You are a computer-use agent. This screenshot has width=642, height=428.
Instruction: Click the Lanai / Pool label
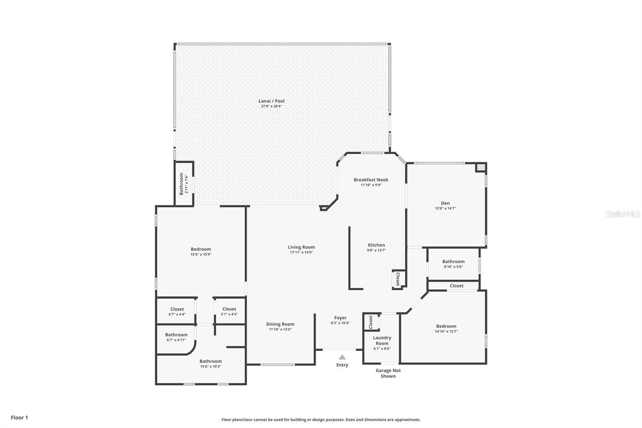[x=272, y=101]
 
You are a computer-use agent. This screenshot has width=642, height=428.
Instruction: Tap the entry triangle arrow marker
[x=342, y=357]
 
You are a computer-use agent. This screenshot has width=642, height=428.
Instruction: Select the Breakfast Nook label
[x=371, y=180]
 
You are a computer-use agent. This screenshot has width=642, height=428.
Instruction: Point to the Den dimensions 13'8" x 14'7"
[x=445, y=208]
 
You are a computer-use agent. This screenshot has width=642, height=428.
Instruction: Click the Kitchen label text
[x=376, y=245]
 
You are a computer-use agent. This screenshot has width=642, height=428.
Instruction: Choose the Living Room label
[x=301, y=247]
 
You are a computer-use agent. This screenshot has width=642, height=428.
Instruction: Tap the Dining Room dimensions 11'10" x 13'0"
[x=280, y=329]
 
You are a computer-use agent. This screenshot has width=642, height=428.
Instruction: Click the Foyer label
[x=340, y=318]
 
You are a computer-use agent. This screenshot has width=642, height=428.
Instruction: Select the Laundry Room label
[x=382, y=340]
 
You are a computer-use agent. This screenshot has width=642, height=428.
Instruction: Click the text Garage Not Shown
[x=388, y=373]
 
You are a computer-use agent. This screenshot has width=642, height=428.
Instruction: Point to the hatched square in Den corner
[x=480, y=167]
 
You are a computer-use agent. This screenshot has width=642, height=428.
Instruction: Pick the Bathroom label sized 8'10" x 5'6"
[x=453, y=261]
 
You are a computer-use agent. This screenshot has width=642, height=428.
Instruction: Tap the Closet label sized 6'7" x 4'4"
[x=177, y=309]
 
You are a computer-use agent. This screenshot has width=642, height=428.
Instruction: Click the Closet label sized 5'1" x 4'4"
[x=229, y=309]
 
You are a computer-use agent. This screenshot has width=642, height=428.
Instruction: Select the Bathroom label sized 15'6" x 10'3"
[x=211, y=361]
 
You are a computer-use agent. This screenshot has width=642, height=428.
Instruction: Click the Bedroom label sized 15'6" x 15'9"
[x=201, y=249]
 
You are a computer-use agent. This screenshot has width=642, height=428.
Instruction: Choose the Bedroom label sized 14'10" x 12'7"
[x=446, y=326]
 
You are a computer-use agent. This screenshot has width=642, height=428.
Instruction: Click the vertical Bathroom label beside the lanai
[x=181, y=184]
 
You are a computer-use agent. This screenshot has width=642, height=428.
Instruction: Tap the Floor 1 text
[x=19, y=418]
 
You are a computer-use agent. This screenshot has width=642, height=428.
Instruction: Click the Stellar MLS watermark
[x=623, y=214]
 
